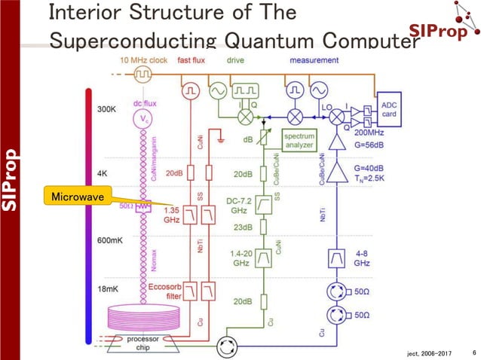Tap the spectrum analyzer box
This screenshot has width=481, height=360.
299,140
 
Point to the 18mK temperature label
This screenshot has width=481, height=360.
107,288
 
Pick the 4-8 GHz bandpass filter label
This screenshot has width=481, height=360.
361,260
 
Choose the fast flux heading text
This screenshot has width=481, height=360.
193,59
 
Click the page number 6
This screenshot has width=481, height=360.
473,352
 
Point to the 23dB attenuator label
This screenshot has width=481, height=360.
241,227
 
